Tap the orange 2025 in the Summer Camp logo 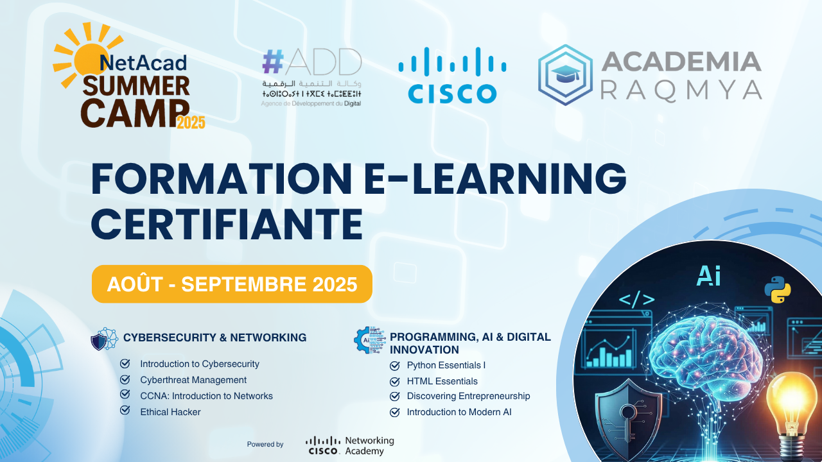[191, 122]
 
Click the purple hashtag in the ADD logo [273, 62]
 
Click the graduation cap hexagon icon [565, 74]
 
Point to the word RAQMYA [681, 90]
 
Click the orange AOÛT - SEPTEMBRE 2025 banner [232, 284]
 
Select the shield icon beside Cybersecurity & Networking [104, 338]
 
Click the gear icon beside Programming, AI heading [367, 340]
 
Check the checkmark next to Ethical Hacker [125, 411]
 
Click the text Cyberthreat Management [193, 380]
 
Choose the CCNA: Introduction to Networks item [206, 396]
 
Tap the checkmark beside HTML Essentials [395, 381]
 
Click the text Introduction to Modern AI [459, 412]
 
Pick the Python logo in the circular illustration [777, 290]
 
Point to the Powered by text [265, 444]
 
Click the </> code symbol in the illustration [636, 299]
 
